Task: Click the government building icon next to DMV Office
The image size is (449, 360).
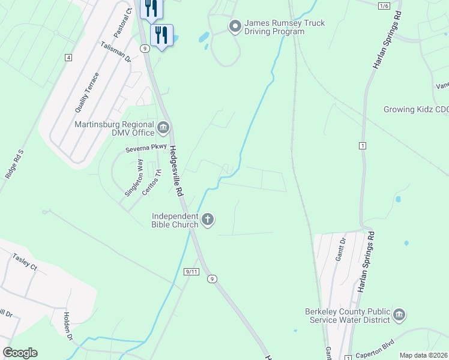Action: tap(163, 127)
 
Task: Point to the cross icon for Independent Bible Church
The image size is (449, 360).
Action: tap(208, 220)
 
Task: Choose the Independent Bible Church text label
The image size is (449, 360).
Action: tap(175, 220)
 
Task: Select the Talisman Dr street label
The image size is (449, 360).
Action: tap(116, 52)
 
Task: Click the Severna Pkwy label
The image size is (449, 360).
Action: tap(142, 147)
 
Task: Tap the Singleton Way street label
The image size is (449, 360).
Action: tap(134, 178)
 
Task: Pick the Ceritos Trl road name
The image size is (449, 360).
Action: tap(152, 182)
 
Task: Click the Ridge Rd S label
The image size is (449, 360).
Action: tap(13, 164)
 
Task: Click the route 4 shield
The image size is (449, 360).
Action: tap(69, 58)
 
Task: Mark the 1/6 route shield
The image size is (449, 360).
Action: tap(384, 5)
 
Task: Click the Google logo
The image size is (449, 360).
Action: tap(20, 353)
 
